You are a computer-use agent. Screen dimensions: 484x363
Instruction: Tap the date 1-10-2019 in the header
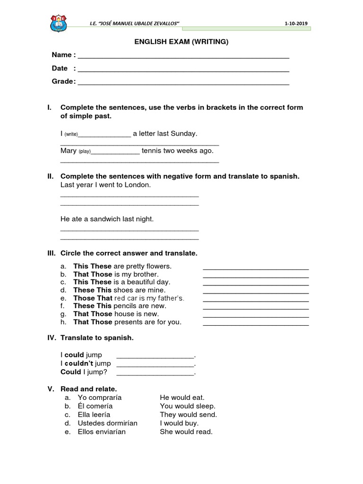tap(297, 24)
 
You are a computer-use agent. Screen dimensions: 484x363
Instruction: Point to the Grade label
tap(63, 81)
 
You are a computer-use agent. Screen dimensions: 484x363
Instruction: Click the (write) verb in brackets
tap(71, 135)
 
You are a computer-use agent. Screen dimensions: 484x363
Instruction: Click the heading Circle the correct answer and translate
tap(129, 253)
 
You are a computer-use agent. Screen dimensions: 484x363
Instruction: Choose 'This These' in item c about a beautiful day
tap(92, 282)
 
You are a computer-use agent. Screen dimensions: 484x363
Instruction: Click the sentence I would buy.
tap(179, 423)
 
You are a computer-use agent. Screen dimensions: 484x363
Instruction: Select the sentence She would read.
tap(186, 432)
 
